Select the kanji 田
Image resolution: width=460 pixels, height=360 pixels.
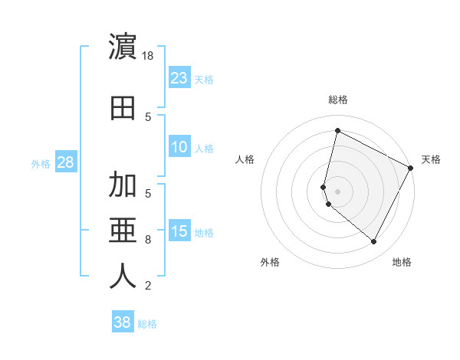[123, 107]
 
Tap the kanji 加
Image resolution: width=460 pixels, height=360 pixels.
[123, 185]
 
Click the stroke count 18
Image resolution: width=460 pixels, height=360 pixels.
[149, 56]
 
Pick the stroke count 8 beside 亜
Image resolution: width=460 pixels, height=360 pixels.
[148, 240]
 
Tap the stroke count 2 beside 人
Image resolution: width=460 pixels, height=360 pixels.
[148, 286]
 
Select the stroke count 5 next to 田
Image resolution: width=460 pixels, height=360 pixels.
[148, 116]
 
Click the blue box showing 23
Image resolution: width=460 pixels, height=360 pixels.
[179, 77]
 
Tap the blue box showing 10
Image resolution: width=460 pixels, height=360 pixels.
[179, 147]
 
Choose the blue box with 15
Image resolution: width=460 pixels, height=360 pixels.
[179, 232]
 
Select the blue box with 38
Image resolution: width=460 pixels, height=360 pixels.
[122, 322]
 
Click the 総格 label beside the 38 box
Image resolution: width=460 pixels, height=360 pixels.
[148, 324]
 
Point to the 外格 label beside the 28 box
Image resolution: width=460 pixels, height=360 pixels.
[41, 164]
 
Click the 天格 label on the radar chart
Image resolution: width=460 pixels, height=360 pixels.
[431, 159]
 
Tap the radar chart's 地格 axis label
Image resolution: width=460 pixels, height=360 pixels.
[402, 262]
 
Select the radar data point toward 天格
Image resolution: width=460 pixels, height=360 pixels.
[411, 168]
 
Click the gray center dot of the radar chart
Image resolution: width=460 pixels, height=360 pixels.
[337, 191]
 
